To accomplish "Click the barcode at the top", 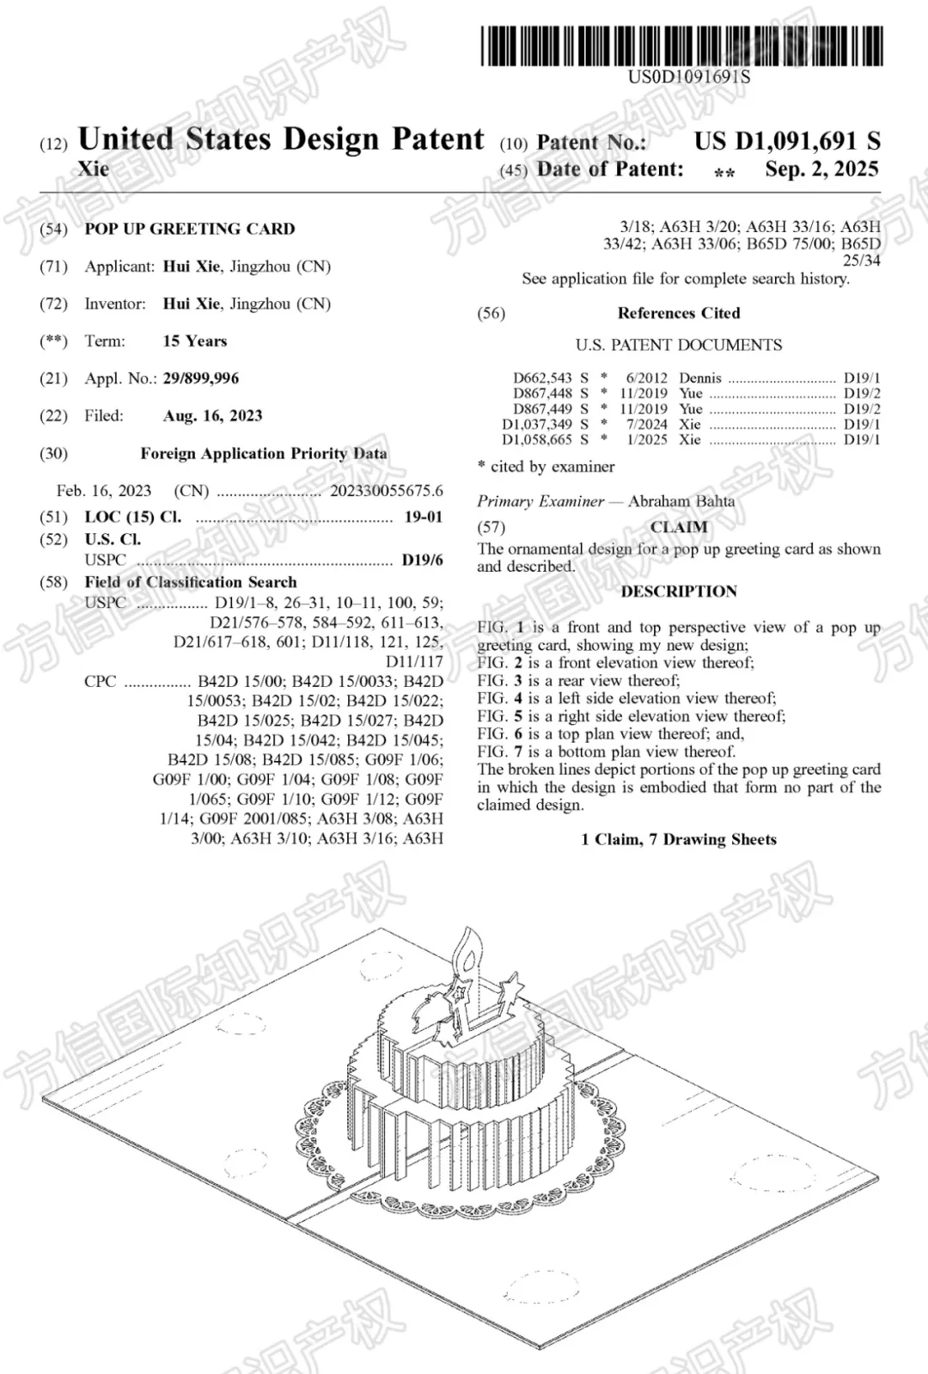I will [x=681, y=46].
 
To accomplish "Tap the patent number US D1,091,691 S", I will [x=787, y=141].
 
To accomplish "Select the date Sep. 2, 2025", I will [x=821, y=169].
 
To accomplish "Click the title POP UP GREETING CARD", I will [x=189, y=229].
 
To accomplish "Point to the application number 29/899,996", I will [x=201, y=378].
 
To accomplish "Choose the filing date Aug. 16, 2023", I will [x=212, y=416].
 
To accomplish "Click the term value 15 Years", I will [x=195, y=341].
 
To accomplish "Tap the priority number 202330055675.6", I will [x=387, y=491].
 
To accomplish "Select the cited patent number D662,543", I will [x=542, y=378].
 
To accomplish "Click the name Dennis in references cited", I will [x=700, y=378].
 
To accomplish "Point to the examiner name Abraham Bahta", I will [x=681, y=501].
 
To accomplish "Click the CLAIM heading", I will [x=679, y=527].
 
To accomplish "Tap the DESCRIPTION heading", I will [x=679, y=592].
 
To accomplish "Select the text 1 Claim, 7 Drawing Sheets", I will [x=679, y=840].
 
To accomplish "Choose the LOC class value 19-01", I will [x=424, y=518].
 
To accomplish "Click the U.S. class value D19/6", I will [x=423, y=561].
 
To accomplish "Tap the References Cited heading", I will [x=679, y=313].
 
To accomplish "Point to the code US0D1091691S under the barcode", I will [x=689, y=77].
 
